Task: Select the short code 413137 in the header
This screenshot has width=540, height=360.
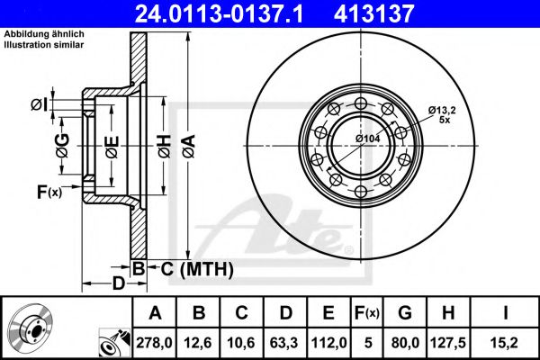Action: pyautogui.click(x=399, y=13)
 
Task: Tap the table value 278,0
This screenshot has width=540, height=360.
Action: pyautogui.click(x=155, y=341)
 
